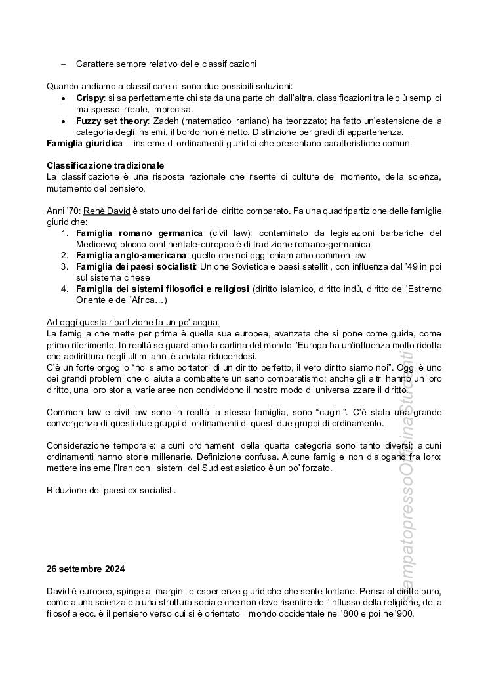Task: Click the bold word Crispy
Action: (91, 98)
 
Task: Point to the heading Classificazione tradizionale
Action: (106, 165)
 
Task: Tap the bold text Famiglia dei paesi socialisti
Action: (136, 266)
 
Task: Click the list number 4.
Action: (64, 289)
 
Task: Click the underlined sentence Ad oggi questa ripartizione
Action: (133, 322)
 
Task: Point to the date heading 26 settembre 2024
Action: (85, 568)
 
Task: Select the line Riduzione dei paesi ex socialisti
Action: (112, 490)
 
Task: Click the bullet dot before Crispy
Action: (63, 98)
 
